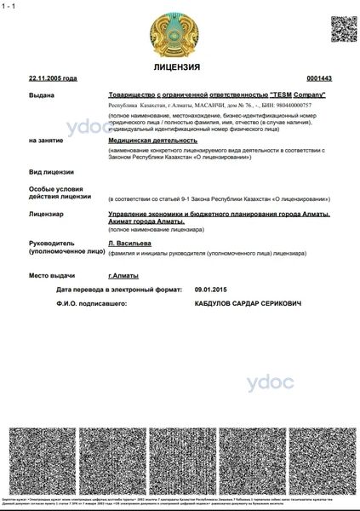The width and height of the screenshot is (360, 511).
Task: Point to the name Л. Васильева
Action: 129,243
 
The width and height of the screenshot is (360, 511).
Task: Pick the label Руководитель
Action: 52,243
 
